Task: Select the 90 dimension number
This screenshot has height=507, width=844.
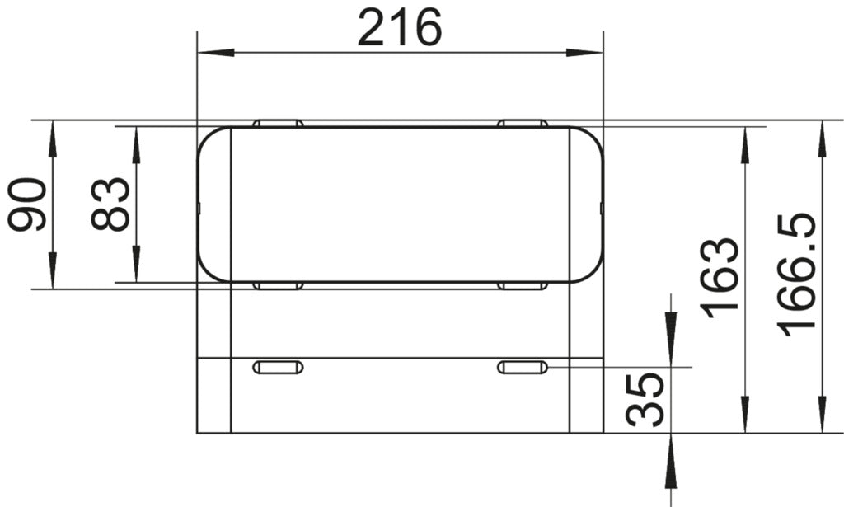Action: click(x=26, y=204)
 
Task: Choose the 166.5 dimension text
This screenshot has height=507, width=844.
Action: click(x=798, y=275)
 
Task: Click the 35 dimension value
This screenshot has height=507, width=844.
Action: click(x=645, y=400)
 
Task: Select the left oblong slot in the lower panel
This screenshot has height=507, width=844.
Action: click(x=278, y=367)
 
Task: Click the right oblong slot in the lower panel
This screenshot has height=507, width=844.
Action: click(x=523, y=367)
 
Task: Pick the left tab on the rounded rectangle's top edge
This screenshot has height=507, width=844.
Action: click(x=278, y=124)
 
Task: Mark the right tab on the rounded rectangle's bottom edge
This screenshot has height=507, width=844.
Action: click(x=523, y=286)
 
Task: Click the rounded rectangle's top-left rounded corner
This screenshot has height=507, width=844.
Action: click(x=207, y=136)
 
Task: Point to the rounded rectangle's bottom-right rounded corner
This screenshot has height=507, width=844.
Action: click(x=594, y=273)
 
